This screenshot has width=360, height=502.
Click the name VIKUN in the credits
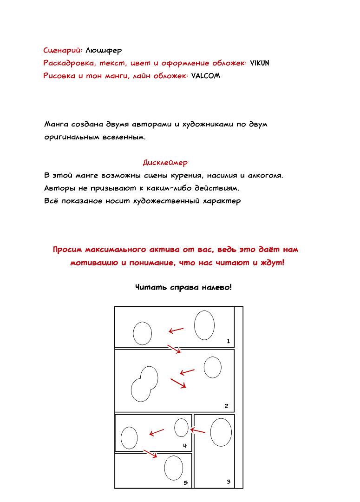click(x=260, y=63)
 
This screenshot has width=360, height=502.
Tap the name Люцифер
click(x=104, y=50)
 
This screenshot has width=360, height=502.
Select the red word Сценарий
click(x=63, y=50)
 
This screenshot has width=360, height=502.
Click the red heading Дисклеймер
click(x=165, y=163)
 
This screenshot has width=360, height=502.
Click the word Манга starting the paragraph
click(x=56, y=125)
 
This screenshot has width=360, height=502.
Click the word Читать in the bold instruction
click(x=149, y=288)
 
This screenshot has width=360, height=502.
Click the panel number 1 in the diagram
click(x=228, y=341)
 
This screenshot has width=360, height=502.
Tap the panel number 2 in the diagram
click(x=226, y=406)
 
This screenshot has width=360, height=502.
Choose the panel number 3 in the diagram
click(x=228, y=482)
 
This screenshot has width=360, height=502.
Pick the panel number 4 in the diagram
click(x=184, y=446)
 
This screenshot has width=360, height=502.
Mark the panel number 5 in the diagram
click(x=185, y=483)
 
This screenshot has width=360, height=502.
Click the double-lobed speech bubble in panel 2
click(x=144, y=384)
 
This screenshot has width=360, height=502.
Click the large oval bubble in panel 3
click(x=221, y=432)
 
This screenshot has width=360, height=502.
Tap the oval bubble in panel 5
click(x=174, y=468)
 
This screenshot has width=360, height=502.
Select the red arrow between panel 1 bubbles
click(x=176, y=330)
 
